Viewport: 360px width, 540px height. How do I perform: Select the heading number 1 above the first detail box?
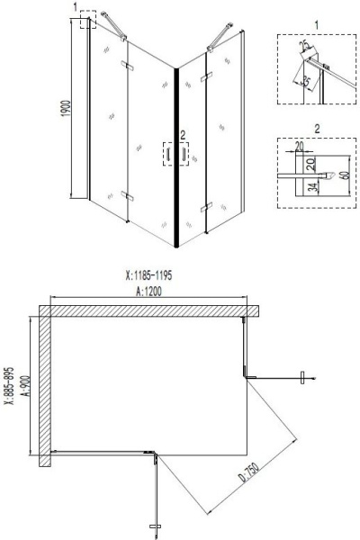tap(316, 22)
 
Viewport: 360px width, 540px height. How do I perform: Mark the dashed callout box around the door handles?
tap(175, 155)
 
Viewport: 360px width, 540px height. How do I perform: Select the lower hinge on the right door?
tap(210, 209)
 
